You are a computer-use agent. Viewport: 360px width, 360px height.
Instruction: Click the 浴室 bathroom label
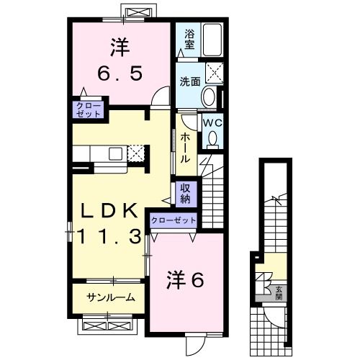coord(190,37)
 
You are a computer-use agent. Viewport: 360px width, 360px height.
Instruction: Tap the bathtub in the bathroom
coord(213,40)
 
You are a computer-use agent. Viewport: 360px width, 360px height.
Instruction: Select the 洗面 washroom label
coord(189,82)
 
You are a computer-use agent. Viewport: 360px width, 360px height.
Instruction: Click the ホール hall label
coord(186,148)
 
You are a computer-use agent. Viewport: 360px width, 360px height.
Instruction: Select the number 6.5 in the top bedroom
coord(120,72)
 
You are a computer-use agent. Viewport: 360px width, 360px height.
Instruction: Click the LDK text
coord(108,210)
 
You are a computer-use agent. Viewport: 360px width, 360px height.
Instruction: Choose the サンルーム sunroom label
coord(110,297)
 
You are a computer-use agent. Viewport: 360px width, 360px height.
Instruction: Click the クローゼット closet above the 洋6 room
coord(174,220)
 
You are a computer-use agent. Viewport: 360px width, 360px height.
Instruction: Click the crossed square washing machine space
coord(215,72)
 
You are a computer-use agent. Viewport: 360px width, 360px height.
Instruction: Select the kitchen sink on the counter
coord(115,153)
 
